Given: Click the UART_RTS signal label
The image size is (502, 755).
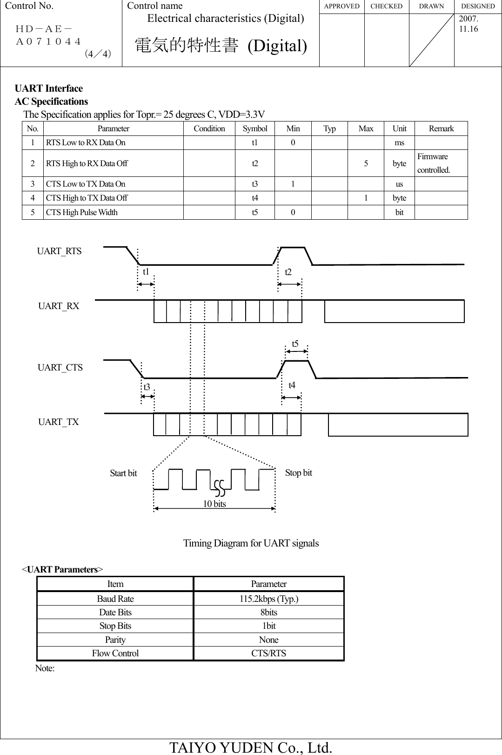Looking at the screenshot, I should tap(59, 251).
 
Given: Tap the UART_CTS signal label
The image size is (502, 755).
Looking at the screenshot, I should tap(60, 368).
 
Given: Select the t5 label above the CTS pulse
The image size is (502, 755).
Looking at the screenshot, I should tap(295, 344).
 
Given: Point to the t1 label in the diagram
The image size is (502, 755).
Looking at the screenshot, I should tap(146, 271).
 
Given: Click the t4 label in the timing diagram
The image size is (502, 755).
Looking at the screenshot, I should tap(292, 385).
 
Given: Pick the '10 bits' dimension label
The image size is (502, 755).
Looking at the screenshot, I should tap(214, 504).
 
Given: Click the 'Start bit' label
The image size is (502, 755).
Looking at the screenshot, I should tap(123, 473).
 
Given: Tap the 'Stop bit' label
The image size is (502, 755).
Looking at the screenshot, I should tap(299, 473).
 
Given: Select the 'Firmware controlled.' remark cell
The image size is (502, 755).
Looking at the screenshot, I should tap(434, 163).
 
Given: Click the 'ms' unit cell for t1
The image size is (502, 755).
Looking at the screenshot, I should tap(399, 143).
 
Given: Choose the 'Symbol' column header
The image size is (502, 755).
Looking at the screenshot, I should tap(255, 129).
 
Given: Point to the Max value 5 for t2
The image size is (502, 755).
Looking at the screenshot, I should tap(366, 164).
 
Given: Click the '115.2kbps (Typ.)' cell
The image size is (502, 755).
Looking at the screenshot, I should tap(268, 599).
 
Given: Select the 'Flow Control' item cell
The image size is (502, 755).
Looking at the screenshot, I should tap(115, 654).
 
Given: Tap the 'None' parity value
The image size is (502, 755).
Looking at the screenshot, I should tap(268, 640).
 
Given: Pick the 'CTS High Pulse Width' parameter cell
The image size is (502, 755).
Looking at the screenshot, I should tap(82, 213).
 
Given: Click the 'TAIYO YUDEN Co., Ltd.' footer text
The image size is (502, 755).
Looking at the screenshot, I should tap(251, 747).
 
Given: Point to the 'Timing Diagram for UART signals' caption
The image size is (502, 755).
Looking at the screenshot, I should tap(251, 543).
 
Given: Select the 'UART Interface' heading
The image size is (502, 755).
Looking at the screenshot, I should tap(49, 88).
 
